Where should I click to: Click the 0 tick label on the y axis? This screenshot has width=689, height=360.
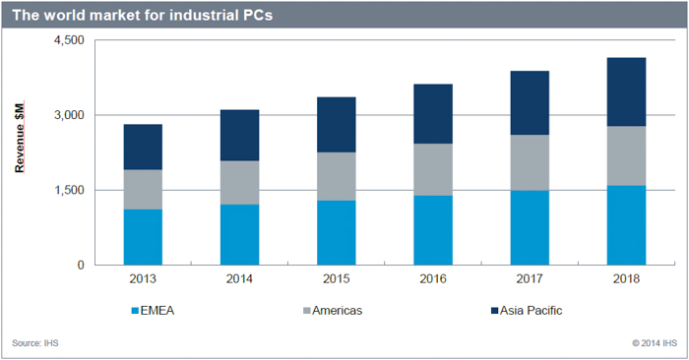point(80,265)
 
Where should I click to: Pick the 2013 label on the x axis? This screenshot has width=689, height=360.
point(143,278)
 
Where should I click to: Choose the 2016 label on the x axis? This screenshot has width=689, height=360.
point(432,278)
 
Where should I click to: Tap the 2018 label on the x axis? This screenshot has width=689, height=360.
point(625,278)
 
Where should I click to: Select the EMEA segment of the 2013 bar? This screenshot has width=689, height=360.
point(143,237)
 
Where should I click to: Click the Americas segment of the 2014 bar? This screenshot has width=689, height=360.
point(239,182)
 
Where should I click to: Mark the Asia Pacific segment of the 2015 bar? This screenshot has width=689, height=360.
point(336,125)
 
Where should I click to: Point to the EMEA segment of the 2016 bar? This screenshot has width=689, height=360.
point(432,230)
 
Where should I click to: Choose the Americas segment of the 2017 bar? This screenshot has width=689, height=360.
point(529,162)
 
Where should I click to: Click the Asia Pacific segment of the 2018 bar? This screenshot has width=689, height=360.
point(625,91)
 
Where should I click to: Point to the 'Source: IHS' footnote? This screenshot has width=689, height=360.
point(34,343)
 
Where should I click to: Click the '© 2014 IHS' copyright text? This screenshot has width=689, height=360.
point(654,343)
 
